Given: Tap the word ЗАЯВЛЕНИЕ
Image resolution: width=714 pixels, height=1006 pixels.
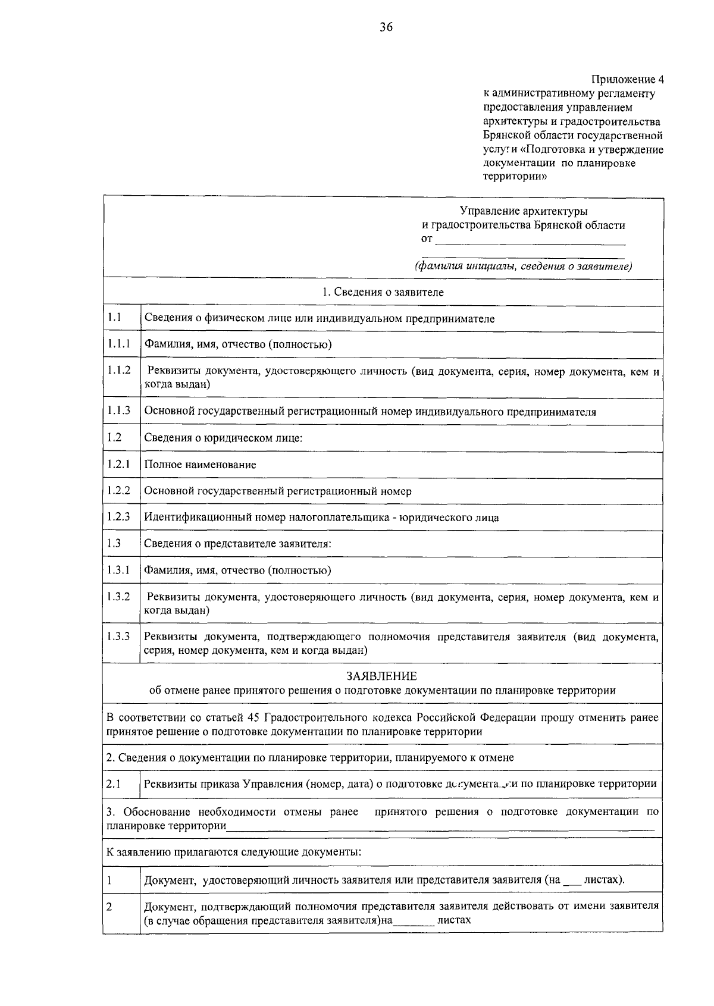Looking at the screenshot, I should click(381, 676).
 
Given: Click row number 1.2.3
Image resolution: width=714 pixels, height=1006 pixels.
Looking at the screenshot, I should click(119, 516).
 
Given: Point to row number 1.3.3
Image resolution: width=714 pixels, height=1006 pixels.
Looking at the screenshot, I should click(119, 636).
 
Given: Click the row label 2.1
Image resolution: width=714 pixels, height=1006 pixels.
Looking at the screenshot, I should click(114, 784).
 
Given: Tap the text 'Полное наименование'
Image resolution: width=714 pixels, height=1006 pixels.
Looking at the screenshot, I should click(200, 465).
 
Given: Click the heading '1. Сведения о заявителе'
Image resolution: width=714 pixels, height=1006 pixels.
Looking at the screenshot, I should click(383, 292).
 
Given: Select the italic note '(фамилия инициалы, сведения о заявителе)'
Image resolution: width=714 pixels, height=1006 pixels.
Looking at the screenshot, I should click(523, 266).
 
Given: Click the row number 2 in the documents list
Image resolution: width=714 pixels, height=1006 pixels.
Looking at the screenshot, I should click(109, 907).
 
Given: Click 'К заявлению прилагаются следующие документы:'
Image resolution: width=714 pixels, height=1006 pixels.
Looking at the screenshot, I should click(234, 851).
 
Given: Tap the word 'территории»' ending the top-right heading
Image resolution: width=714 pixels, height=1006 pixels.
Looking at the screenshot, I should click(515, 177).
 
